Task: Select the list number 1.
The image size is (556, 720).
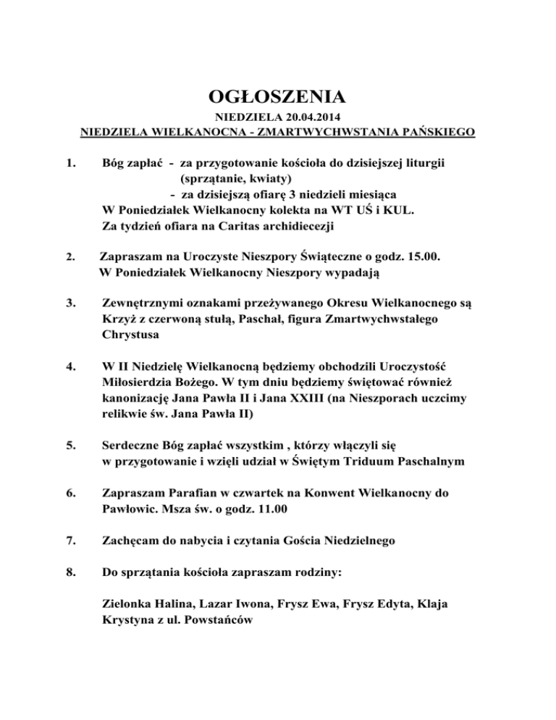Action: [70, 164]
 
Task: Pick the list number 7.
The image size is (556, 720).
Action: [70, 540]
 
